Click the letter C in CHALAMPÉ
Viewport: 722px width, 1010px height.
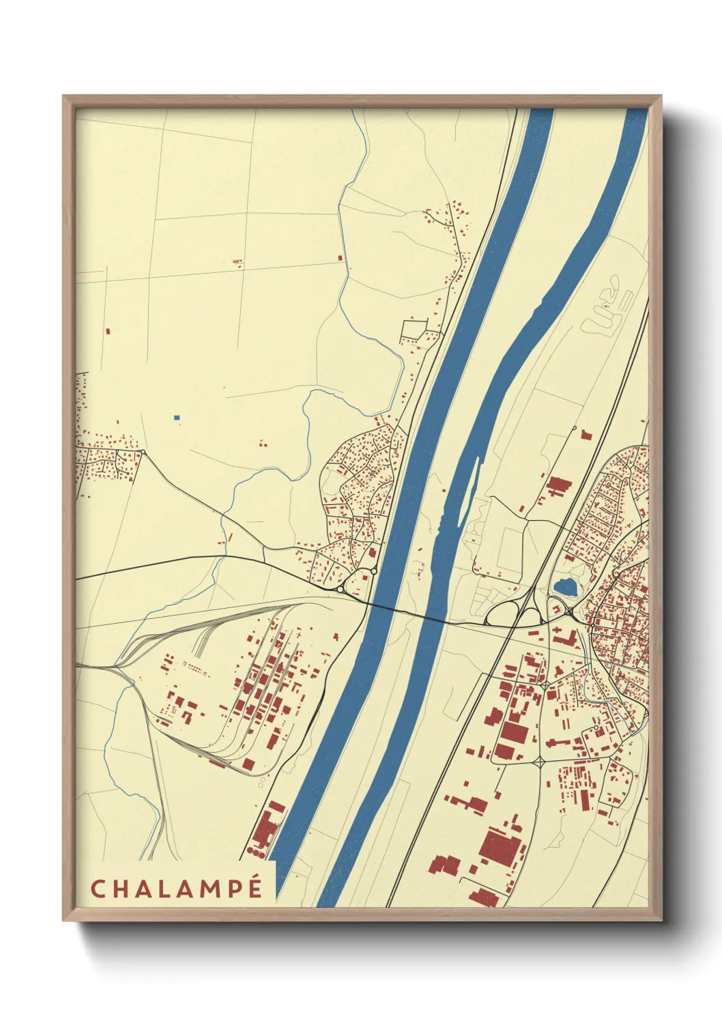click(x=97, y=889)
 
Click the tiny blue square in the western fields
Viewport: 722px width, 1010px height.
click(x=177, y=417)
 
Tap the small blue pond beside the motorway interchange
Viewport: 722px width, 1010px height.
click(x=564, y=586)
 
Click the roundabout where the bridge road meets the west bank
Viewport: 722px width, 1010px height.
click(x=340, y=589)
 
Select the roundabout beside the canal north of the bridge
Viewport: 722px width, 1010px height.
click(x=373, y=571)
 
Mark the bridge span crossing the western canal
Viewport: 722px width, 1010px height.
click(x=375, y=605)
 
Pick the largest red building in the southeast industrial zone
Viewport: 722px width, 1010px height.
click(x=501, y=846)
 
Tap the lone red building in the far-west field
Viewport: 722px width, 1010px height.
click(x=107, y=331)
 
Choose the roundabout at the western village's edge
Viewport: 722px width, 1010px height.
click(x=143, y=452)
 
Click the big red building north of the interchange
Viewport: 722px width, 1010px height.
click(x=559, y=487)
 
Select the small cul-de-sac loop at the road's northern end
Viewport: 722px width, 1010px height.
click(x=575, y=429)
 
